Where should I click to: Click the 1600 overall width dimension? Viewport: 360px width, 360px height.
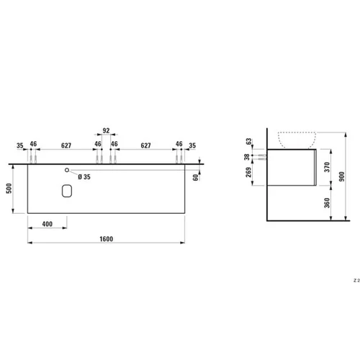(x=107, y=239)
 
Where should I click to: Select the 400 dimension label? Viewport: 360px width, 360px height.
(x=48, y=224)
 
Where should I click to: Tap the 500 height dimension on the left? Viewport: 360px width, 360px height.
(x=9, y=189)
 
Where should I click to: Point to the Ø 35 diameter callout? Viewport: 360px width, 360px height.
(x=84, y=177)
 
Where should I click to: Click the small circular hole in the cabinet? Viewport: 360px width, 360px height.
(x=67, y=170)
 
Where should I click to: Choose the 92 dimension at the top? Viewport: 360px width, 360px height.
(x=106, y=130)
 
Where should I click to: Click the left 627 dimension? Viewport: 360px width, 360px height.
(x=66, y=145)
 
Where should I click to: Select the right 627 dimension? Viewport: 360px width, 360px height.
(x=145, y=145)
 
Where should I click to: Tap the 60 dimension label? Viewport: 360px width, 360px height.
(x=196, y=178)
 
